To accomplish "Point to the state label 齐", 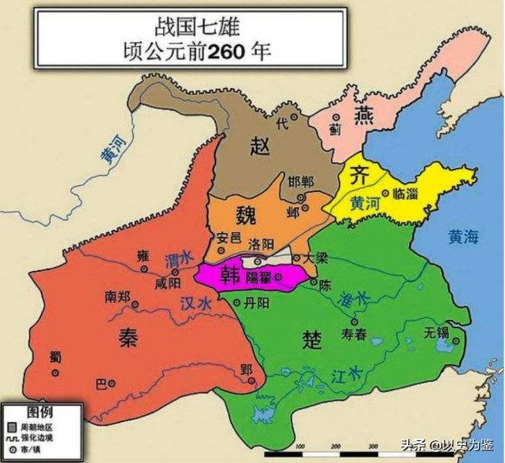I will [359, 174].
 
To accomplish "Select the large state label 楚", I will [310, 339].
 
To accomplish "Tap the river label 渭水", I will [178, 257].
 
